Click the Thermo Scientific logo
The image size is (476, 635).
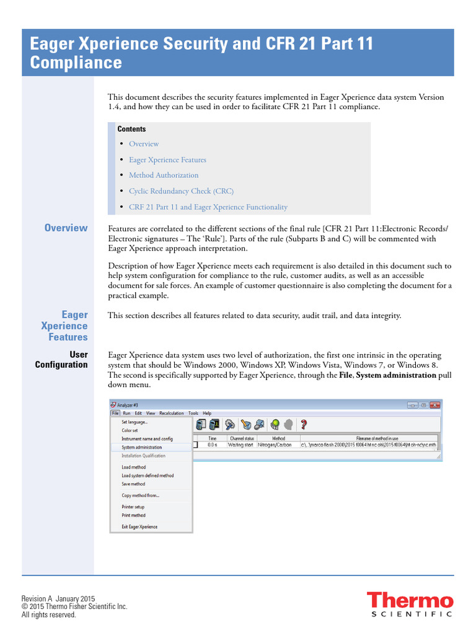[409, 605]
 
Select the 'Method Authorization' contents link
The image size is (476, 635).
[164, 175]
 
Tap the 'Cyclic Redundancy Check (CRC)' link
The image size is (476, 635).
[181, 191]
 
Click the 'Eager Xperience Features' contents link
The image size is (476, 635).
[167, 160]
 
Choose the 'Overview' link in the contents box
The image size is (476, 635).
[144, 144]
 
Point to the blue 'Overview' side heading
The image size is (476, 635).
[66, 228]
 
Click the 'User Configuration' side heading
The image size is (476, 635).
[61, 360]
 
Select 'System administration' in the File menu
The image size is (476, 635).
[142, 447]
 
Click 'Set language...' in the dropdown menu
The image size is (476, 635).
[134, 422]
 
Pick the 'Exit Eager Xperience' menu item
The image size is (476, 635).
[139, 527]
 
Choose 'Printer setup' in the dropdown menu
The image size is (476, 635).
[133, 507]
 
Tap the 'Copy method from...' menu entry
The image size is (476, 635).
[141, 495]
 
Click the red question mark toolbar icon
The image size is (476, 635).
[304, 425]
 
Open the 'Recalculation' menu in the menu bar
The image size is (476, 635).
[172, 413]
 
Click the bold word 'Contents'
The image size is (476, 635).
[131, 129]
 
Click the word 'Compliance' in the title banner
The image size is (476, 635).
[76, 63]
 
